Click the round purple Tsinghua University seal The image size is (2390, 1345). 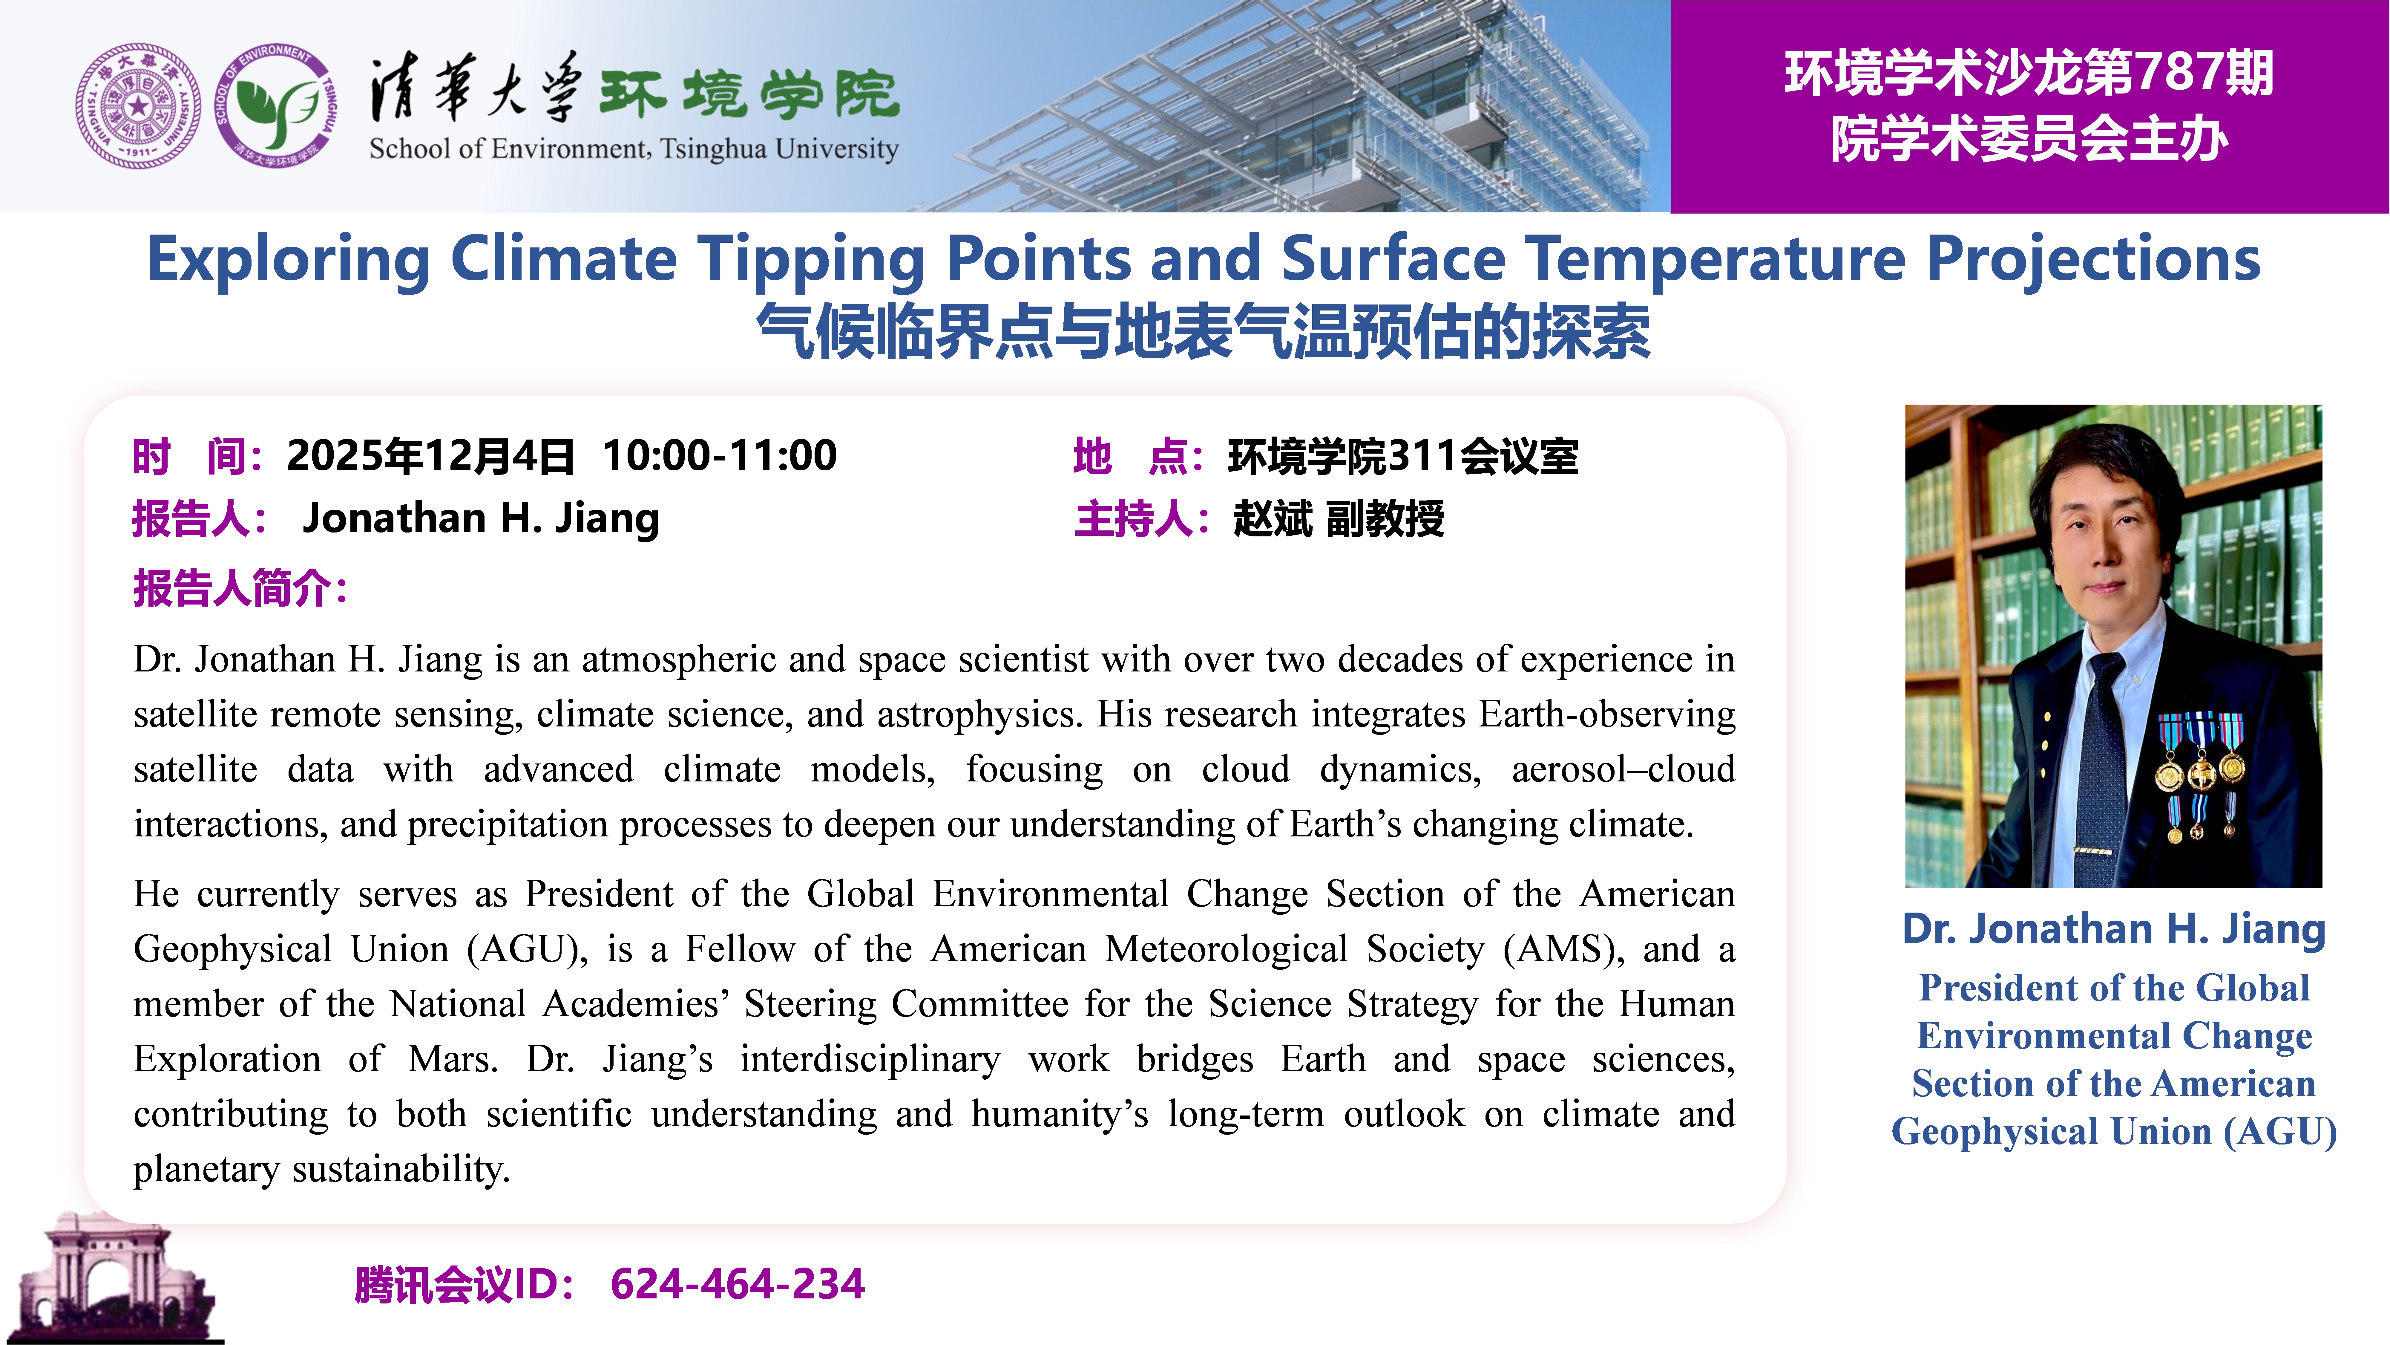click(x=137, y=106)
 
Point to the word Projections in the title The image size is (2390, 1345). click(x=2094, y=260)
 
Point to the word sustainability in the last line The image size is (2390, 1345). click(x=401, y=1169)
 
